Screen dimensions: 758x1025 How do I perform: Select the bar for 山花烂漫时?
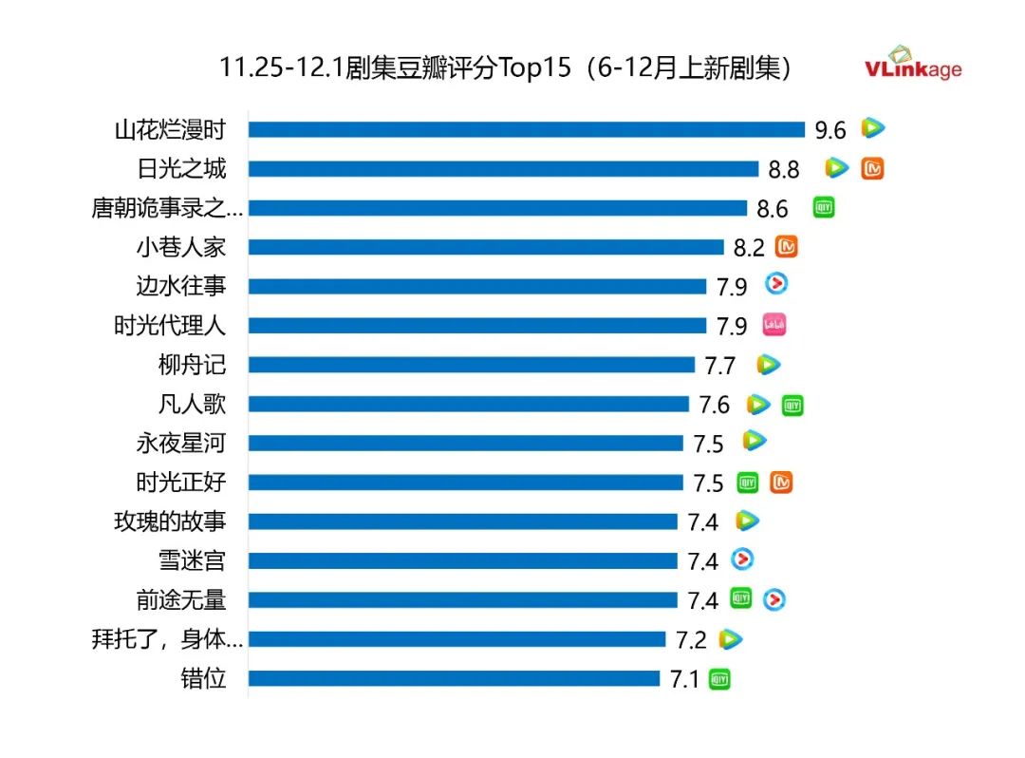click(x=527, y=129)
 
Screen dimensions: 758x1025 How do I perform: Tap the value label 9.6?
click(x=829, y=130)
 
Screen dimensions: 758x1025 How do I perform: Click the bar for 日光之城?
click(x=503, y=168)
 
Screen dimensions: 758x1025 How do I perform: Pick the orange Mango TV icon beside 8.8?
click(x=873, y=168)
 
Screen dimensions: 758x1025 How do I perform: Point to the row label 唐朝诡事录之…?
click(x=167, y=208)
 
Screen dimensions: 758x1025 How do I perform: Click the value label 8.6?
click(x=773, y=209)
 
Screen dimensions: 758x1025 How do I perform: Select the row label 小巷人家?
click(x=181, y=247)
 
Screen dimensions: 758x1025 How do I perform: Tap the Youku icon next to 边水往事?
click(x=776, y=283)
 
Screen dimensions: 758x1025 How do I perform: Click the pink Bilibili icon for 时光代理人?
click(x=774, y=325)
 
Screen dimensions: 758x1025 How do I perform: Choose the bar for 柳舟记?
click(x=472, y=365)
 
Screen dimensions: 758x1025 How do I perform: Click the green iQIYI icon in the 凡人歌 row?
click(x=792, y=405)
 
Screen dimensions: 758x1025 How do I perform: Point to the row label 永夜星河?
click(x=181, y=443)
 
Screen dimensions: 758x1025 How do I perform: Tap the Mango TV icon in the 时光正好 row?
click(x=781, y=483)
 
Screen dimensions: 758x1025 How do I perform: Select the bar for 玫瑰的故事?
click(x=463, y=521)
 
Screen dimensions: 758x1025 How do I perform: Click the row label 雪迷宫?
click(x=192, y=560)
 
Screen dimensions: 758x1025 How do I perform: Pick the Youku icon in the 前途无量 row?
click(x=774, y=599)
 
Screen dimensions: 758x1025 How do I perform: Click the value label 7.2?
click(x=691, y=640)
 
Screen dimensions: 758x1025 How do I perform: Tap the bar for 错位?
click(x=454, y=678)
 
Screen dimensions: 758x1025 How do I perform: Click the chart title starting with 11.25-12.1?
click(x=505, y=68)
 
